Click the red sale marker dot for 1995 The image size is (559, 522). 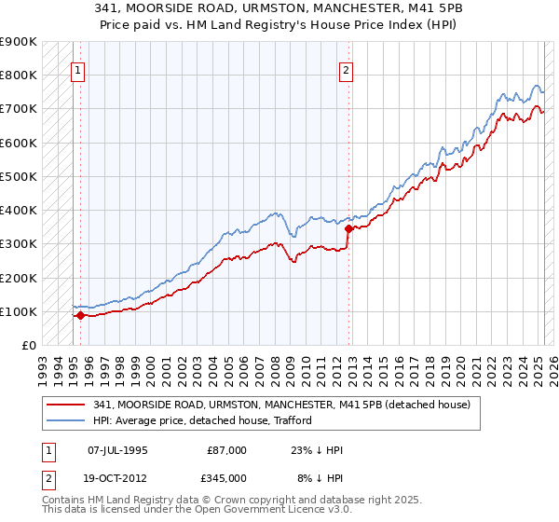pyautogui.click(x=80, y=315)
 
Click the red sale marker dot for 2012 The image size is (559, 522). pyautogui.click(x=348, y=227)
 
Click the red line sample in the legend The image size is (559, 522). pyautogui.click(x=65, y=405)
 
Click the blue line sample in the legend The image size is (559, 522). pyautogui.click(x=65, y=420)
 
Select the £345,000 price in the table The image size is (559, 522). pyautogui.click(x=226, y=477)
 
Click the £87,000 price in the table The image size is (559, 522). pyautogui.click(x=226, y=450)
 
